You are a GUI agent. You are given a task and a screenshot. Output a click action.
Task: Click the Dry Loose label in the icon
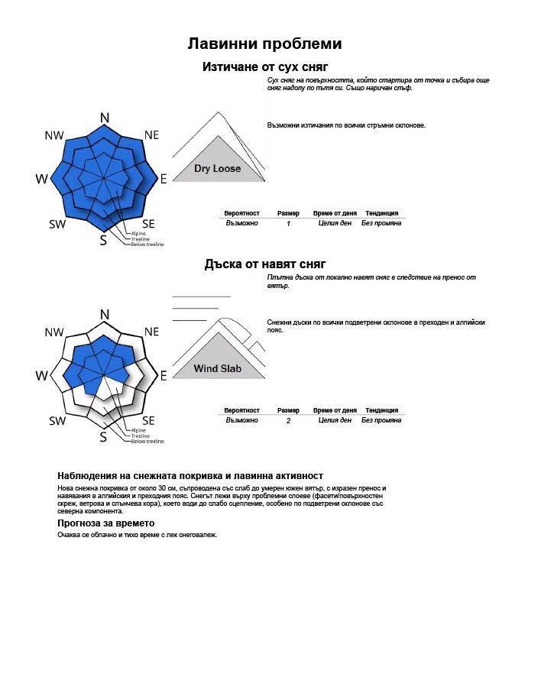(x=217, y=169)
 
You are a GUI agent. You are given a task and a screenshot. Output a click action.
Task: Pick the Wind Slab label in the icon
(x=217, y=369)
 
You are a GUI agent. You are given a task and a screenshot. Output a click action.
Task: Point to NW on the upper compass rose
(x=54, y=135)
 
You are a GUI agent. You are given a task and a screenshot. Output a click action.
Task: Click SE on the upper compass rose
(x=148, y=223)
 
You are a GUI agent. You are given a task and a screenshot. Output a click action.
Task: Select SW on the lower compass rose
(x=57, y=421)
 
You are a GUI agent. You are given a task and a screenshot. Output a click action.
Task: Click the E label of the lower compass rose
(x=163, y=376)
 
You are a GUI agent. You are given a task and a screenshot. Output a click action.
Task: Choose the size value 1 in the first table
(x=288, y=224)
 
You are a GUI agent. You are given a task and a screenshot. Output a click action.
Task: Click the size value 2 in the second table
(x=288, y=421)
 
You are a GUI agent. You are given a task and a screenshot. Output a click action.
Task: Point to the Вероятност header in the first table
(x=242, y=213)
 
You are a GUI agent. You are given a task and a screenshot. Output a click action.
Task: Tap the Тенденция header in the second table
(x=381, y=410)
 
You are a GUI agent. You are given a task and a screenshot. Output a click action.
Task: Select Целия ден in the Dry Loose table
(x=335, y=223)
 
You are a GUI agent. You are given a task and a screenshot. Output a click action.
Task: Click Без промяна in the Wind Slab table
(x=381, y=420)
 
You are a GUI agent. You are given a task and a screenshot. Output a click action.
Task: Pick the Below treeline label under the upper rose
(x=147, y=244)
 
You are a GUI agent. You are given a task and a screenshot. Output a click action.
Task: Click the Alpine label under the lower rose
(x=138, y=430)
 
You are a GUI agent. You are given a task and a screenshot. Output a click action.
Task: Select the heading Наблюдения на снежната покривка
(x=190, y=476)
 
